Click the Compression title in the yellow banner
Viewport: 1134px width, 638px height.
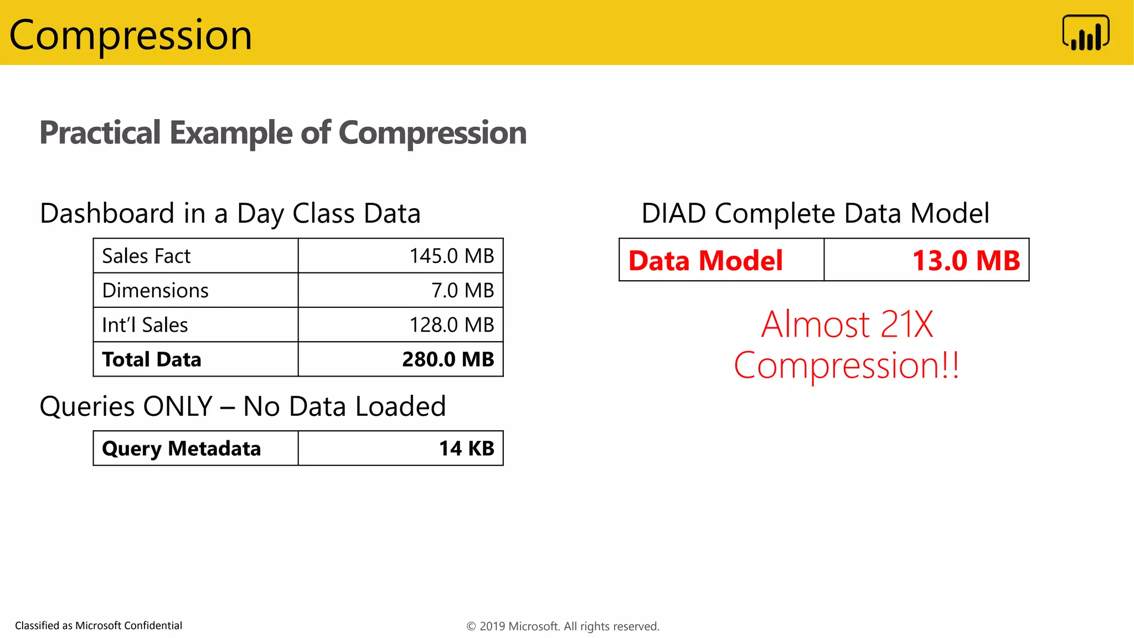pos(131,35)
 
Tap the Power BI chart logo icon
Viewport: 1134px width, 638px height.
pos(1085,33)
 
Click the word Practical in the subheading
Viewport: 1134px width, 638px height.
pos(100,133)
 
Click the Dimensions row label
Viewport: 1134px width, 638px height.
pos(155,290)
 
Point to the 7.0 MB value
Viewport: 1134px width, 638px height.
pos(462,290)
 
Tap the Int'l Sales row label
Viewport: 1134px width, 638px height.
pos(145,325)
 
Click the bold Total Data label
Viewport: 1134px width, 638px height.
pos(152,359)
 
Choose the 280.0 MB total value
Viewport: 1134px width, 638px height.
pos(448,359)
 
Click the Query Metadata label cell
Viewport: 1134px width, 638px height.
pos(181,448)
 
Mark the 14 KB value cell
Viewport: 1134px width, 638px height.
pos(466,448)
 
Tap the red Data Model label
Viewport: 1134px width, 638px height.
pos(705,260)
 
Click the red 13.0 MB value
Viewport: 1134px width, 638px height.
pos(966,260)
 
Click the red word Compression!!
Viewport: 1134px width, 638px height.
pos(846,366)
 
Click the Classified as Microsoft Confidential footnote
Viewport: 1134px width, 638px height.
pos(99,625)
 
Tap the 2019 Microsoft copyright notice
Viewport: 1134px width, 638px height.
pos(563,626)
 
